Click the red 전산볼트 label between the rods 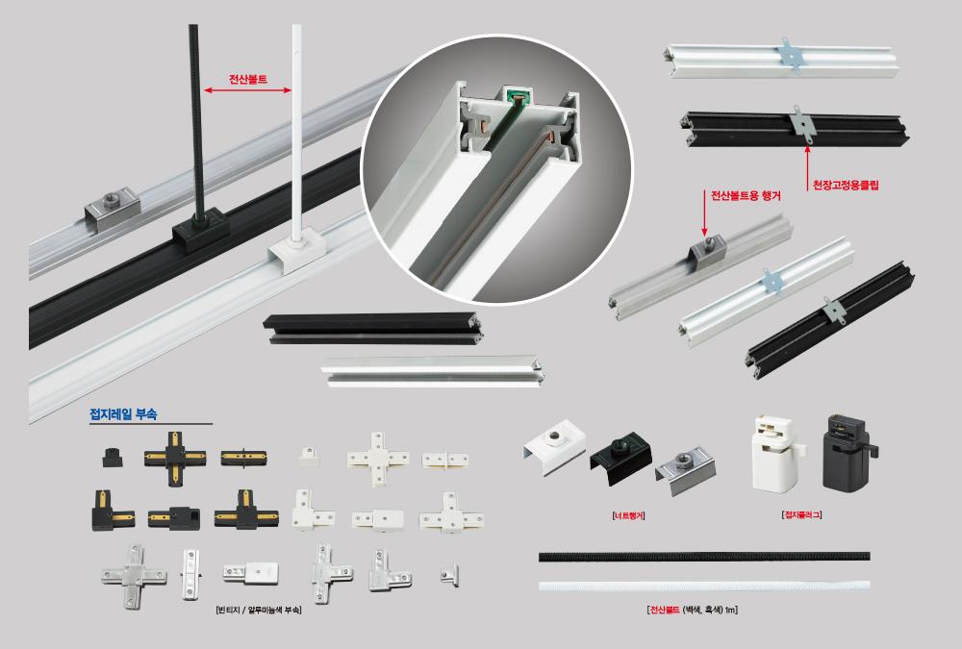click(248, 79)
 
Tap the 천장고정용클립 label click(846, 185)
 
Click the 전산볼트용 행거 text click(746, 196)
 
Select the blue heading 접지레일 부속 click(123, 414)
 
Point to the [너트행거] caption click(629, 516)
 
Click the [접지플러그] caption click(802, 514)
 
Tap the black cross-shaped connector click(175, 459)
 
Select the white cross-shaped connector click(378, 459)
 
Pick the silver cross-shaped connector click(133, 576)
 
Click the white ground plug click(774, 453)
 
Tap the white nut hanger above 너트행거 click(555, 446)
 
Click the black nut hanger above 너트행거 click(620, 460)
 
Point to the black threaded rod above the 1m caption click(704, 557)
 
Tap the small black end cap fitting click(112, 457)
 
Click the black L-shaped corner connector click(113, 511)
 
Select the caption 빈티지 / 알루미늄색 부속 click(258, 611)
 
